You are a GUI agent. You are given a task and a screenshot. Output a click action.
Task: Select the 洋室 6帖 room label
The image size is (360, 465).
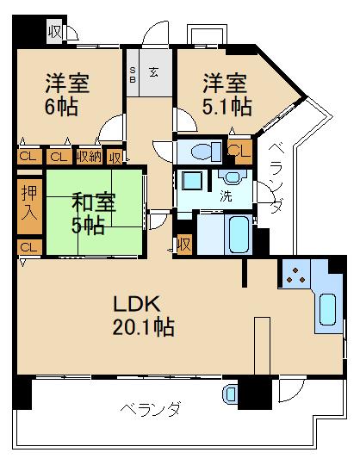tap(66, 95)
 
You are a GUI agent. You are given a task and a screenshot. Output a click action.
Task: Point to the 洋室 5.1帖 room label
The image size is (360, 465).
tap(226, 95)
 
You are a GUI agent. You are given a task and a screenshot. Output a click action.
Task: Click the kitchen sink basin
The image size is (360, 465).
tap(326, 309)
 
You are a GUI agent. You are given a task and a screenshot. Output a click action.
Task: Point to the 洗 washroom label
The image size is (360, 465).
tap(227, 196)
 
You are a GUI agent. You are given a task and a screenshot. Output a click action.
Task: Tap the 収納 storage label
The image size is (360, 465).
tap(88, 157)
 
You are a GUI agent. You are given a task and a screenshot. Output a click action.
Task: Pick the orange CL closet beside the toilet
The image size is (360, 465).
tap(239, 152)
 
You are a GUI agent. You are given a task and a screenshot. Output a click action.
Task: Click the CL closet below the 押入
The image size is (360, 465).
tap(28, 248)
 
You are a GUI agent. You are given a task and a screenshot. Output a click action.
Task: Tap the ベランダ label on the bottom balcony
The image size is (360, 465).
tap(149, 408)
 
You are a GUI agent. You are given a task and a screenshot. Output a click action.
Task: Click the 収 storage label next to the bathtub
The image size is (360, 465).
tap(183, 244)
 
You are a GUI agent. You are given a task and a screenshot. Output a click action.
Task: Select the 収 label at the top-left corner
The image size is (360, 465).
tap(54, 33)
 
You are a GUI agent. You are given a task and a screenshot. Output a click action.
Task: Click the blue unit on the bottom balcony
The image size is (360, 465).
tap(230, 394)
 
